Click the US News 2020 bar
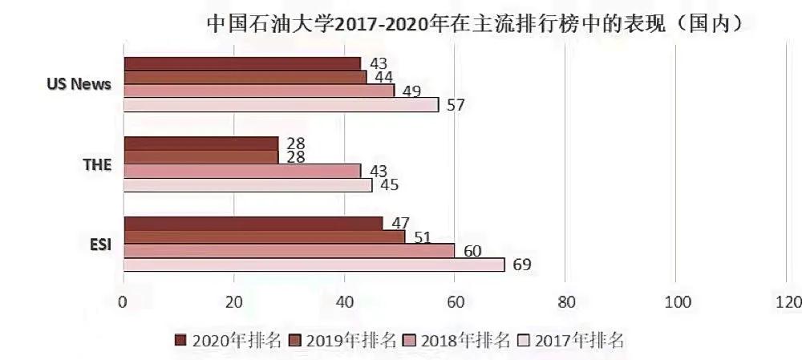(241, 63)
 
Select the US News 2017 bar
(281, 104)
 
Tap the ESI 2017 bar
(314, 265)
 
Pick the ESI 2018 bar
(289, 251)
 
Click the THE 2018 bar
(241, 171)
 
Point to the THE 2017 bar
(247, 185)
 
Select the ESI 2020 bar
(253, 224)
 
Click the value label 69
(521, 265)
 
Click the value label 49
(411, 91)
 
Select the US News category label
(79, 83)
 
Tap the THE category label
(96, 164)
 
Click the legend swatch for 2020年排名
(180, 339)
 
